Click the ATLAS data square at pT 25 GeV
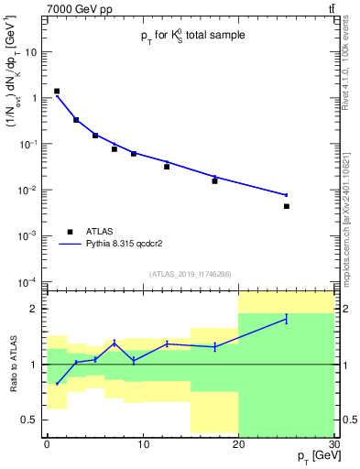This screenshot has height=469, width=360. pyautogui.click(x=287, y=206)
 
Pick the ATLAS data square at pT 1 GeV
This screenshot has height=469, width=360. pyautogui.click(x=57, y=92)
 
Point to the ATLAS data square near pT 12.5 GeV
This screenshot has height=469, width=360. pyautogui.click(x=167, y=166)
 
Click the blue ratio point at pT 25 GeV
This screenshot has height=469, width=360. pyautogui.click(x=287, y=319)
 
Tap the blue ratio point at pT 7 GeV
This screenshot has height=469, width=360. pyautogui.click(x=115, y=343)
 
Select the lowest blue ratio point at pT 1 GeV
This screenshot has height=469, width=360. pyautogui.click(x=57, y=384)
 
